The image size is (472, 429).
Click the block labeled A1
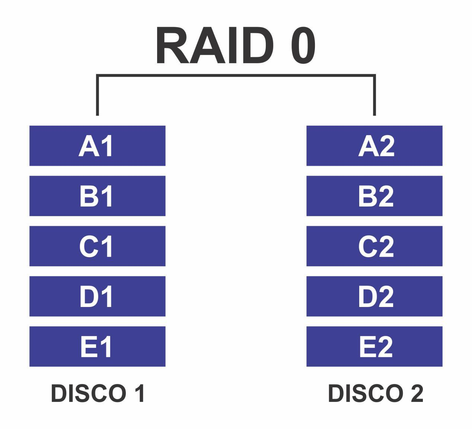point(97,146)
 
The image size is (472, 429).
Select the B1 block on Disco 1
point(97,196)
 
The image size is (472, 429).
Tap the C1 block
point(97,246)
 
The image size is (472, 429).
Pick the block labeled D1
point(97,297)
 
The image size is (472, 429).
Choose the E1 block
point(97,347)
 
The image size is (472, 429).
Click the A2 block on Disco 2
point(374,146)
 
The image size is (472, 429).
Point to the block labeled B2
point(374,196)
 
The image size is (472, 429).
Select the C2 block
point(374,246)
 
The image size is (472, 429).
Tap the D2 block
point(374,297)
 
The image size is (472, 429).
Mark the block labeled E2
point(374,347)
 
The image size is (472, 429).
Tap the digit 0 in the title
point(303,46)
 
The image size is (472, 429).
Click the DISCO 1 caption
point(98,393)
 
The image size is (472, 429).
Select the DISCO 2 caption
point(375,393)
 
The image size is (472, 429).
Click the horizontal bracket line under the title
point(236,76)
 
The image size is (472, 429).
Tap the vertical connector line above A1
point(98,97)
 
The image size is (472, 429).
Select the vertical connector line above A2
point(374,97)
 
